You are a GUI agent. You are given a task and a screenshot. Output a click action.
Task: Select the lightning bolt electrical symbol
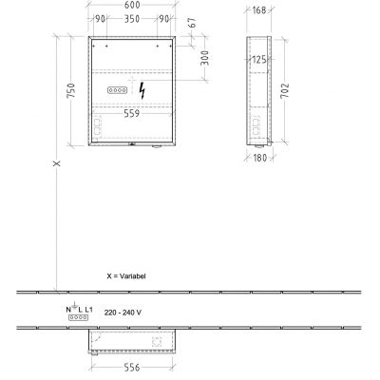coord(142,91)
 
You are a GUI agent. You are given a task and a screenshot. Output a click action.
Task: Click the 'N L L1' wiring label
coord(79,310)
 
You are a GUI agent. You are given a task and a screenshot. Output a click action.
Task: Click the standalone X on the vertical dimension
coord(57,163)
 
